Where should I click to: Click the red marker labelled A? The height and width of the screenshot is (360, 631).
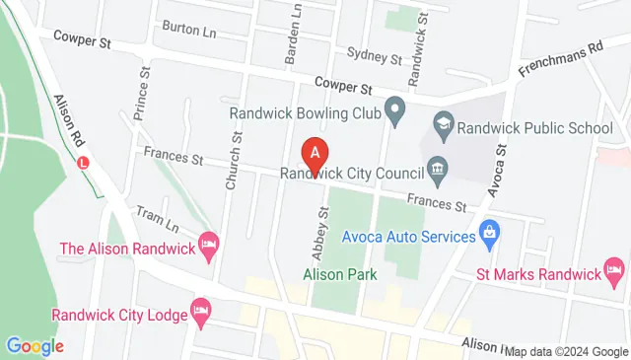click(x=315, y=155)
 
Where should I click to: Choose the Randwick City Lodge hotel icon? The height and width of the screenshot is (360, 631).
click(x=202, y=310)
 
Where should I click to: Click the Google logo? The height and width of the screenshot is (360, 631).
click(x=35, y=346)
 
